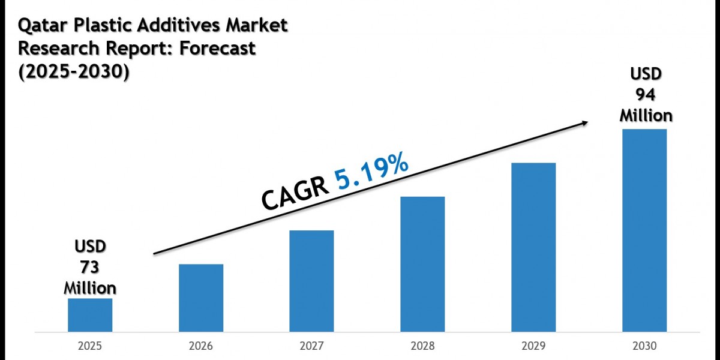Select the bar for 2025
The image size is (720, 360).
coord(90,315)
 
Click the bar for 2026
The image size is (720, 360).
coord(201,298)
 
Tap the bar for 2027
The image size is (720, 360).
coord(311,281)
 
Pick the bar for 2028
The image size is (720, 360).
coord(422,264)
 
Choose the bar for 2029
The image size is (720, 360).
coord(533,247)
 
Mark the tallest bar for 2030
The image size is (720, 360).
coord(644,230)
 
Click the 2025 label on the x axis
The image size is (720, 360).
coord(90,346)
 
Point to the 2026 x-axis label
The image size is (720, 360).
coord(201,346)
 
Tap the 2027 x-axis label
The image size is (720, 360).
coord(312,346)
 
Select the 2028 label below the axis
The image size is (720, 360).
coord(422,346)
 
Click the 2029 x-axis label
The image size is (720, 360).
coord(533,346)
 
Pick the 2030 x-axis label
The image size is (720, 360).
coord(644,346)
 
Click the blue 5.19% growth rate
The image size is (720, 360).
coord(371,172)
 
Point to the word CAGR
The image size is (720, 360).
coord(295,194)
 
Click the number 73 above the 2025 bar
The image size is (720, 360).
coord(89,267)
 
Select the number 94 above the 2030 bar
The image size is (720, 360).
coord(646,95)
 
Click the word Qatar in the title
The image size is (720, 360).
coord(43,26)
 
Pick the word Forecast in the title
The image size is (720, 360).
coord(217,48)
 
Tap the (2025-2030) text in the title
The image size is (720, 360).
coord(74,71)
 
